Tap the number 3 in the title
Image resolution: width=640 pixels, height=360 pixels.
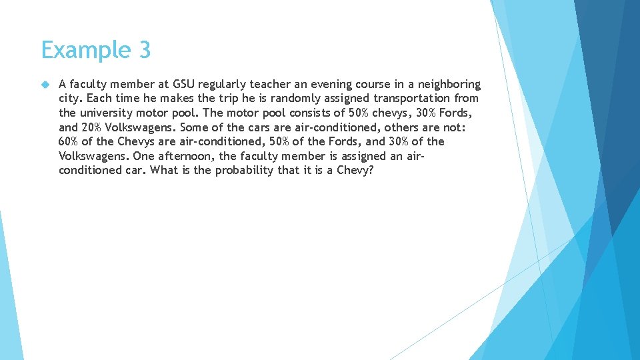[144, 50]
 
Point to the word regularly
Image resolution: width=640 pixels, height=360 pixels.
[223, 85]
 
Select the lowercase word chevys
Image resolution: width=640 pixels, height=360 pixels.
[385, 113]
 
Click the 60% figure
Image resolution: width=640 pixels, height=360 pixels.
[69, 141]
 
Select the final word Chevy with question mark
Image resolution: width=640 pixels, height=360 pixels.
[355, 171]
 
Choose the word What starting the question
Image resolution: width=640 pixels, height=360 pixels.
[163, 170]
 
